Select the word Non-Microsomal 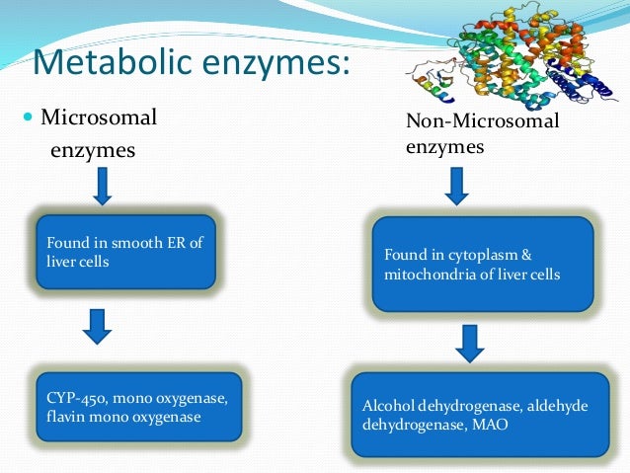pyautogui.click(x=482, y=121)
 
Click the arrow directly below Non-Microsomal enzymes pyautogui.click(x=457, y=185)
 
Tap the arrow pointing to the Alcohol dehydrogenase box pyautogui.click(x=471, y=342)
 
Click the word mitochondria pyautogui.click(x=430, y=275)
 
